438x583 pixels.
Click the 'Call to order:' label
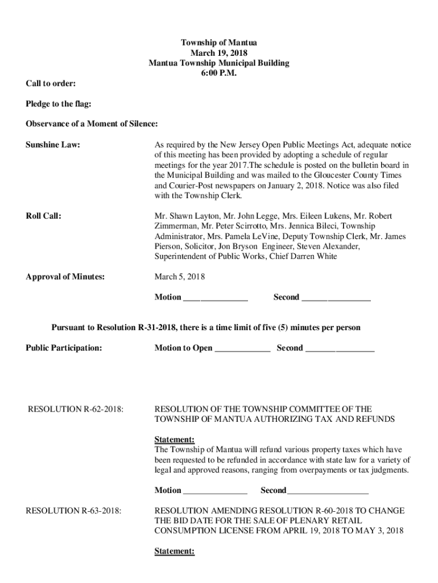(51, 84)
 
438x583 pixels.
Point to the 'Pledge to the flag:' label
(59, 104)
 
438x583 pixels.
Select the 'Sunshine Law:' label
(53, 145)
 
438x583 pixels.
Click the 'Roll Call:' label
(44, 216)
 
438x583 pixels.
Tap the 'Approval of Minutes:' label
(65, 277)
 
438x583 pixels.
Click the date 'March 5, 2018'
(180, 277)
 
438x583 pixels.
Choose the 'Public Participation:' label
(64, 348)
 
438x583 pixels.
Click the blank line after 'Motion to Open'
(242, 349)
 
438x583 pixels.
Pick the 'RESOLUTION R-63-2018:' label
(73, 511)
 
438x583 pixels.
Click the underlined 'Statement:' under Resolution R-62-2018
(175, 440)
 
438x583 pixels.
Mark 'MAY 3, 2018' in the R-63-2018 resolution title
(381, 531)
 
